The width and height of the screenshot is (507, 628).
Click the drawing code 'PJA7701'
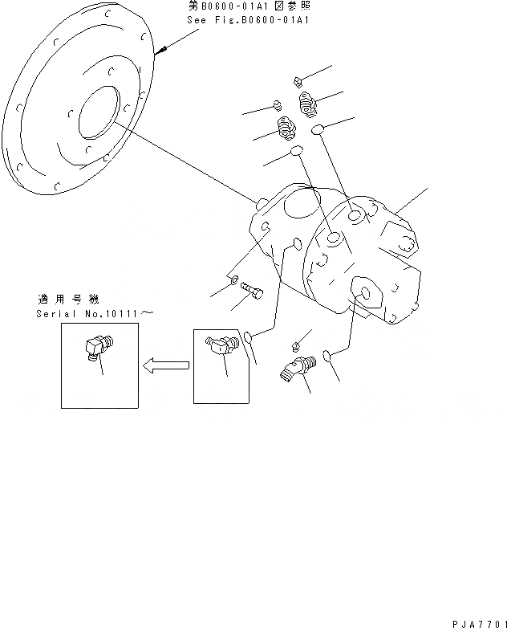coord(475,621)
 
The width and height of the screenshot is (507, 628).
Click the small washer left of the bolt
coord(233,283)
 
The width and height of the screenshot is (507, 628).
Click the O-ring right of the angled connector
coord(327,354)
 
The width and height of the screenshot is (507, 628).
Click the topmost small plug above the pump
coord(298,80)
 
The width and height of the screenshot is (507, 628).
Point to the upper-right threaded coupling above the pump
coord(309,102)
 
